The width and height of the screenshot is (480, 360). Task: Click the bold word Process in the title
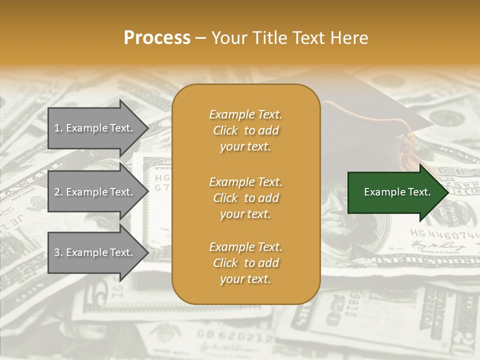point(157,38)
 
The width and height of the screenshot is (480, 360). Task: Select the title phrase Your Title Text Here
point(289,38)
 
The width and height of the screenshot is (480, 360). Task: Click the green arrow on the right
point(395,192)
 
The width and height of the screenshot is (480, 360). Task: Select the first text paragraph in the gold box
point(245,130)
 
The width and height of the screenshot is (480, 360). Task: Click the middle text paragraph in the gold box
point(245,198)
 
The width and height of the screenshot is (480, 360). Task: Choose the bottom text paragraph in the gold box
point(245,263)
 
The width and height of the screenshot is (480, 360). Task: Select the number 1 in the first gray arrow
point(57,128)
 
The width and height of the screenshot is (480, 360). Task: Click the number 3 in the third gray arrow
point(57,252)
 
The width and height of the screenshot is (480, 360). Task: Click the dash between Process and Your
point(200,38)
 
